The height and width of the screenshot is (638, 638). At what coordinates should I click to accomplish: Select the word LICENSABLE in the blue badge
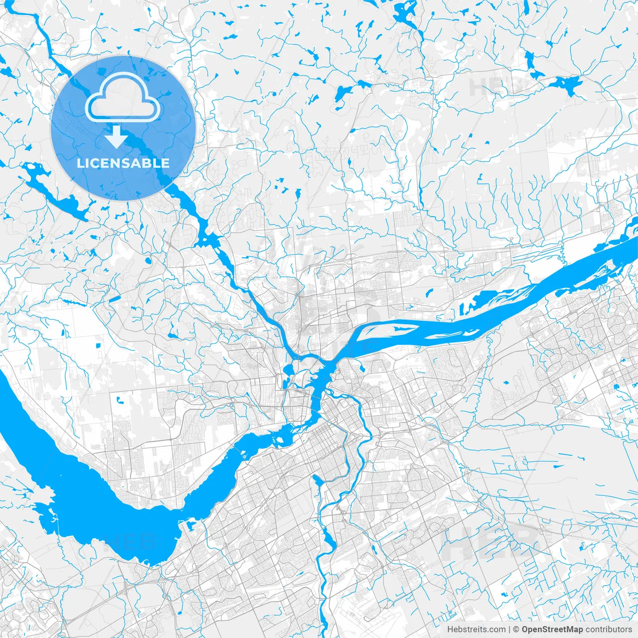123,163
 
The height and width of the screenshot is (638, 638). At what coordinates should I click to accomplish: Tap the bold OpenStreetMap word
552,630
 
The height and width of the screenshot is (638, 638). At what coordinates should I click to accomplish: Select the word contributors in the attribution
608,630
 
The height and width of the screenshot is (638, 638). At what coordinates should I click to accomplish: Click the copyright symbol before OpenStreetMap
516,630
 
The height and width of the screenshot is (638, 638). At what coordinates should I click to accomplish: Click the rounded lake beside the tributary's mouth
288,369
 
